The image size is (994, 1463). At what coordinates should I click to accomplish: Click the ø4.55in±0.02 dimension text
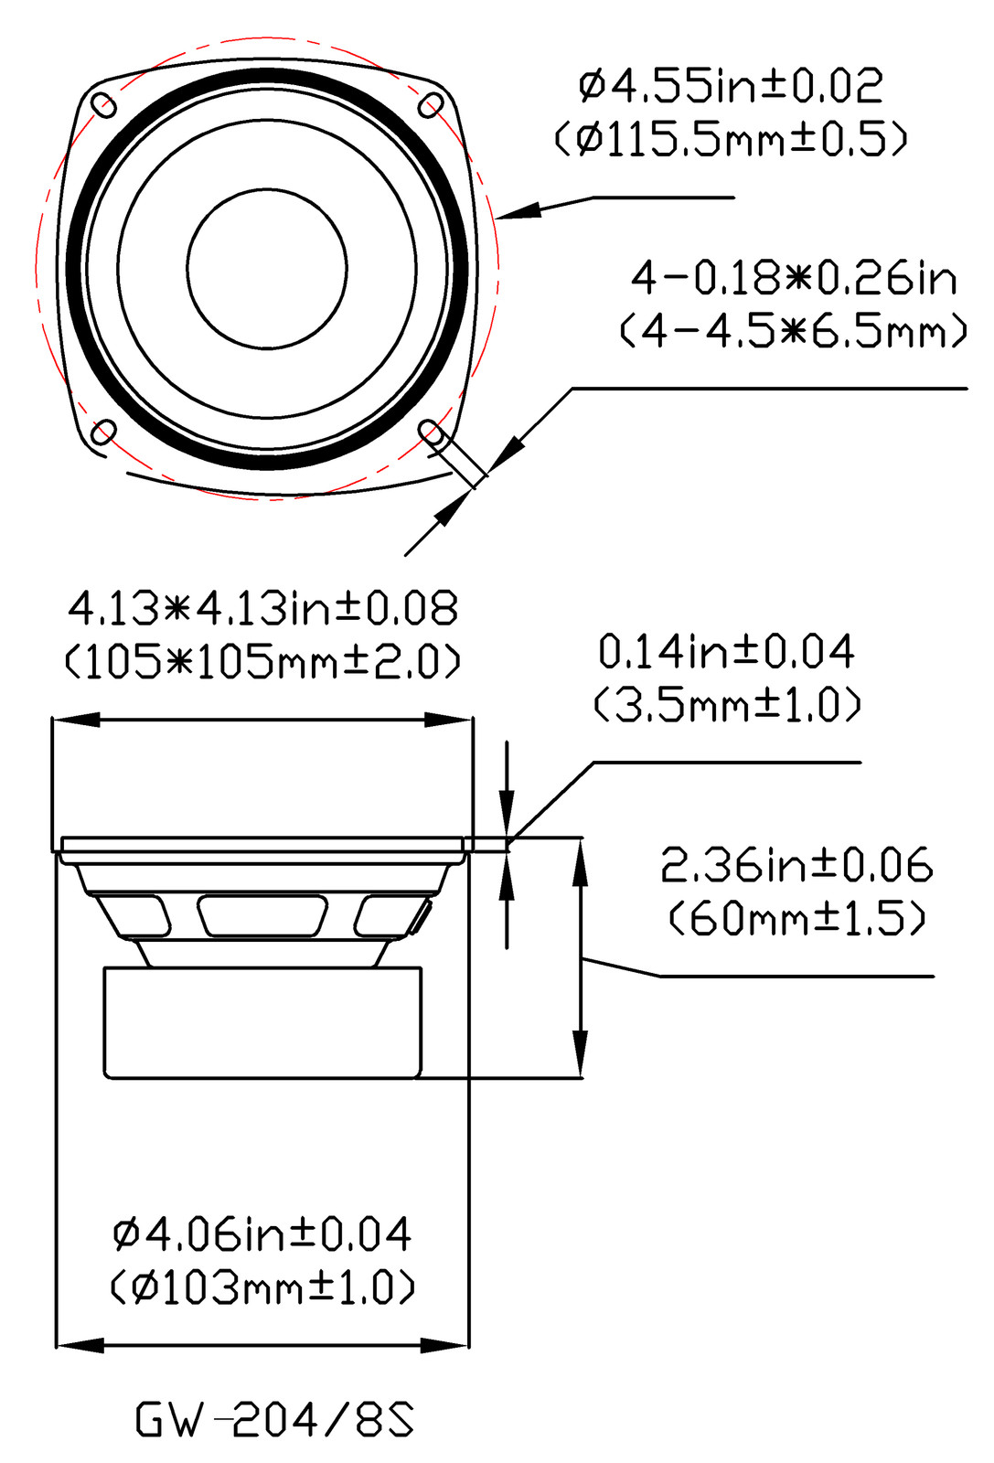pyautogui.click(x=731, y=86)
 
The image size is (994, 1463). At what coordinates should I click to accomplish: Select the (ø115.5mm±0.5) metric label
pyautogui.click(x=731, y=138)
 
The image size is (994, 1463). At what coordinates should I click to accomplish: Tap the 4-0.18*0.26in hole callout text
pyautogui.click(x=794, y=278)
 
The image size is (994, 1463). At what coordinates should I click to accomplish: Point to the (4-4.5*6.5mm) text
pyautogui.click(x=794, y=330)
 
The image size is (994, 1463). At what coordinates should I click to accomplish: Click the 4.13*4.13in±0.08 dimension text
pyautogui.click(x=262, y=608)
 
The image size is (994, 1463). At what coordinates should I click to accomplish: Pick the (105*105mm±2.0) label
pyautogui.click(x=262, y=661)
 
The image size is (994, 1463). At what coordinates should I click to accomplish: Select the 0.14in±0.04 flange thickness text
pyautogui.click(x=726, y=651)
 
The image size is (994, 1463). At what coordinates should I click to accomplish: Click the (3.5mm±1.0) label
pyautogui.click(x=728, y=704)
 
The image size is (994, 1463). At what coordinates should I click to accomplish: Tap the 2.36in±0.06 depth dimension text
pyautogui.click(x=796, y=865)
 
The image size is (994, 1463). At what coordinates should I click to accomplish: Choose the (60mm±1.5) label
pyautogui.click(x=797, y=918)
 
